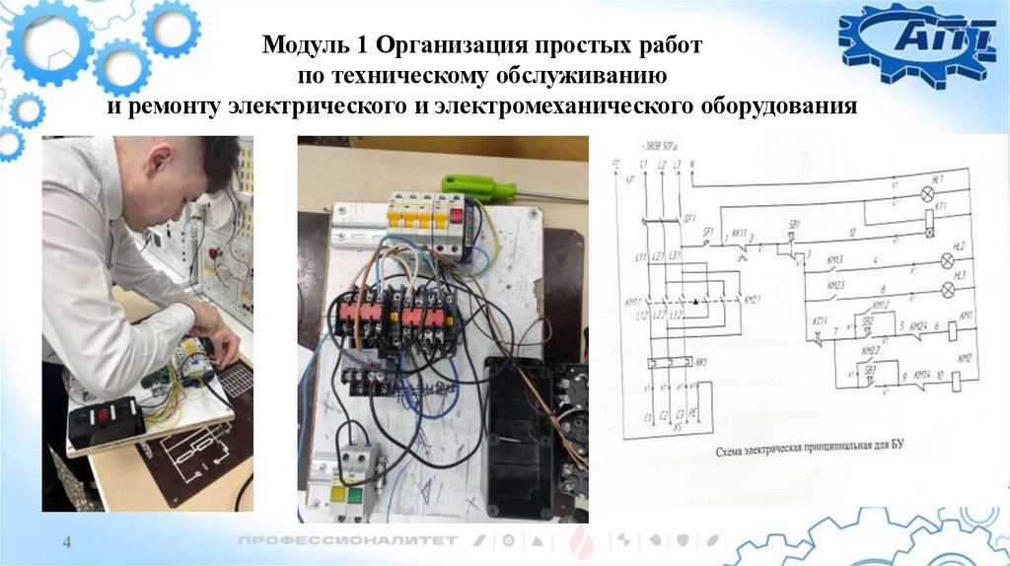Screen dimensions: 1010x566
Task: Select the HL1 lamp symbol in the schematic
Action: (x=927, y=194)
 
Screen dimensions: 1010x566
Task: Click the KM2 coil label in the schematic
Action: (x=965, y=357)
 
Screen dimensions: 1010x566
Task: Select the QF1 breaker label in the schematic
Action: (x=690, y=217)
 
